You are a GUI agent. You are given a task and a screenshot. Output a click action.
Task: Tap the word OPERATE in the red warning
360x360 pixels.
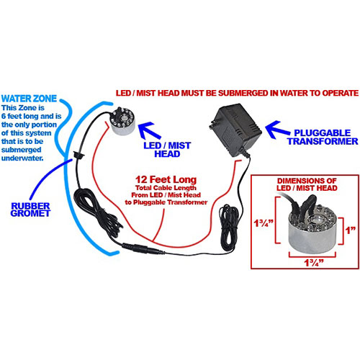(336, 93)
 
